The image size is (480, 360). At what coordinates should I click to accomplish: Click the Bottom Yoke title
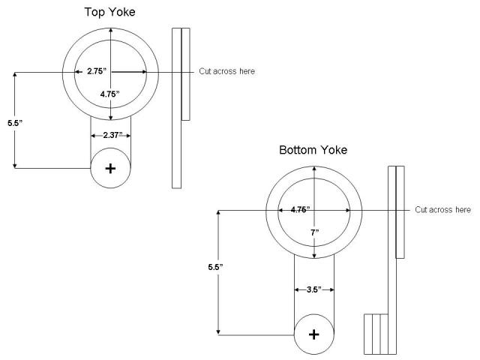(313, 150)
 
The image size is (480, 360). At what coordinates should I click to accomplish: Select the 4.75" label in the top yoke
(111, 94)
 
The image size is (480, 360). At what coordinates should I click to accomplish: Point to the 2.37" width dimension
(111, 136)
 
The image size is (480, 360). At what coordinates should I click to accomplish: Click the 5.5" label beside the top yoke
(8, 121)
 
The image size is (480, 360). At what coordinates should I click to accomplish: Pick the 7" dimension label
(313, 232)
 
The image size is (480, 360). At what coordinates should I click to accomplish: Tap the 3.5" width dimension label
(313, 289)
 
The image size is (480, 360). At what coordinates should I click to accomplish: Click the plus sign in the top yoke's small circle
(111, 169)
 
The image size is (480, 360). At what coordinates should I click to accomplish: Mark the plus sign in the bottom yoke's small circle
(313, 334)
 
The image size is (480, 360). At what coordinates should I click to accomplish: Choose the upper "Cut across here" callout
(226, 71)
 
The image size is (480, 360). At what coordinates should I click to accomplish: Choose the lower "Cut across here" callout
(442, 210)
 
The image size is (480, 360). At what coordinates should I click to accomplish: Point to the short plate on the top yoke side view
(185, 73)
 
